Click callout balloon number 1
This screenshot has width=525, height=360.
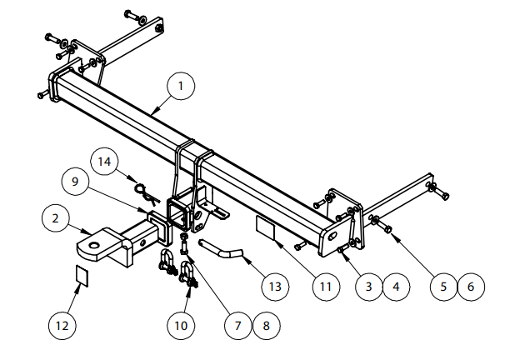tap(181, 85)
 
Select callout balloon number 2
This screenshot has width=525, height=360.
tap(55, 219)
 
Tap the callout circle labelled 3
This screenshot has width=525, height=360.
tap(367, 287)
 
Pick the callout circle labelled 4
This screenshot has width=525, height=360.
tap(396, 287)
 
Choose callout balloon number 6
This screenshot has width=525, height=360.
tap(471, 287)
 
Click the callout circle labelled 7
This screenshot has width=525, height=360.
tap(237, 325)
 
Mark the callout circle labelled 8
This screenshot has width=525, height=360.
tap(266, 325)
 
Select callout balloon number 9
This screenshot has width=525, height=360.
tap(74, 181)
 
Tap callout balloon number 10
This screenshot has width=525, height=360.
tap(181, 325)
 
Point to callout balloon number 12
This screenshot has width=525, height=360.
tap(61, 325)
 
